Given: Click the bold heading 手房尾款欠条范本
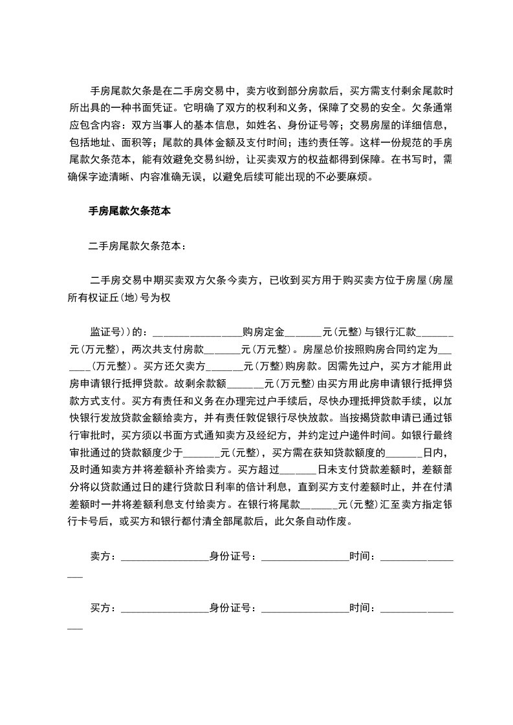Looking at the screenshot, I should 129,211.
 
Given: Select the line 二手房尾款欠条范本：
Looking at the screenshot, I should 137,246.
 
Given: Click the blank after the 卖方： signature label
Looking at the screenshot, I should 162,555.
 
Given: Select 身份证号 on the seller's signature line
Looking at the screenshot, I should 230,555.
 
